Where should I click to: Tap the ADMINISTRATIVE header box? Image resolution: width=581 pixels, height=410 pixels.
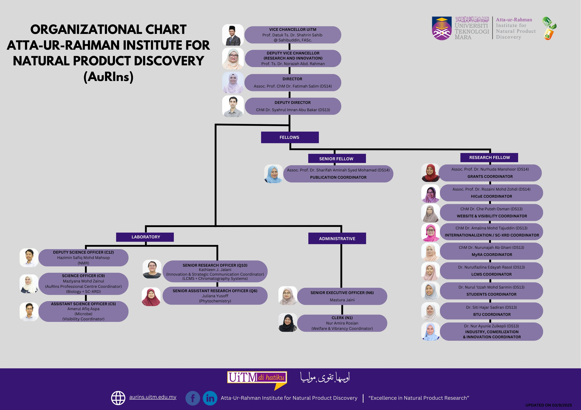tap(337, 238)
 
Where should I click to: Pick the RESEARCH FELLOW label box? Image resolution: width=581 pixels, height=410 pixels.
tap(489, 157)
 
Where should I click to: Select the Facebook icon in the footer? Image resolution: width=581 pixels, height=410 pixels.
tap(193, 398)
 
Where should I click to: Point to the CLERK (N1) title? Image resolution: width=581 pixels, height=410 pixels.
tap(342, 318)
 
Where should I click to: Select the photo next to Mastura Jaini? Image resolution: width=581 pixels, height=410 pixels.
tap(288, 296)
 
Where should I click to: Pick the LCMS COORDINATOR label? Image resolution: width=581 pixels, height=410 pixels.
tap(491, 274)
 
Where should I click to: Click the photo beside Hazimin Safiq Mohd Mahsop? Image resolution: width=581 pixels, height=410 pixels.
tap(29, 258)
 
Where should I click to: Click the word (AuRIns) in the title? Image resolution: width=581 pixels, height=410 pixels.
tap(108, 77)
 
